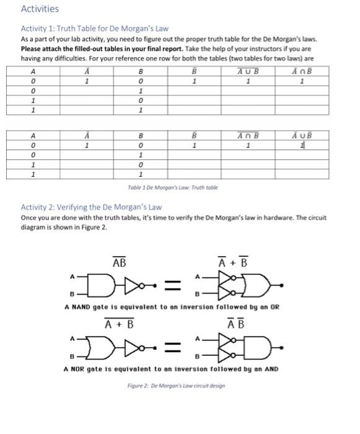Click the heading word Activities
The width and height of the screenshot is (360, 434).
[40, 9]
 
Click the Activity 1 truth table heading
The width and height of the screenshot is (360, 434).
[95, 29]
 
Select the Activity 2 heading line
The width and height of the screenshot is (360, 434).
[91, 207]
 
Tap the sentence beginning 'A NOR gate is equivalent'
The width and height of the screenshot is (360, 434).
[171, 369]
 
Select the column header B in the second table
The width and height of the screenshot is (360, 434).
[141, 135]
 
